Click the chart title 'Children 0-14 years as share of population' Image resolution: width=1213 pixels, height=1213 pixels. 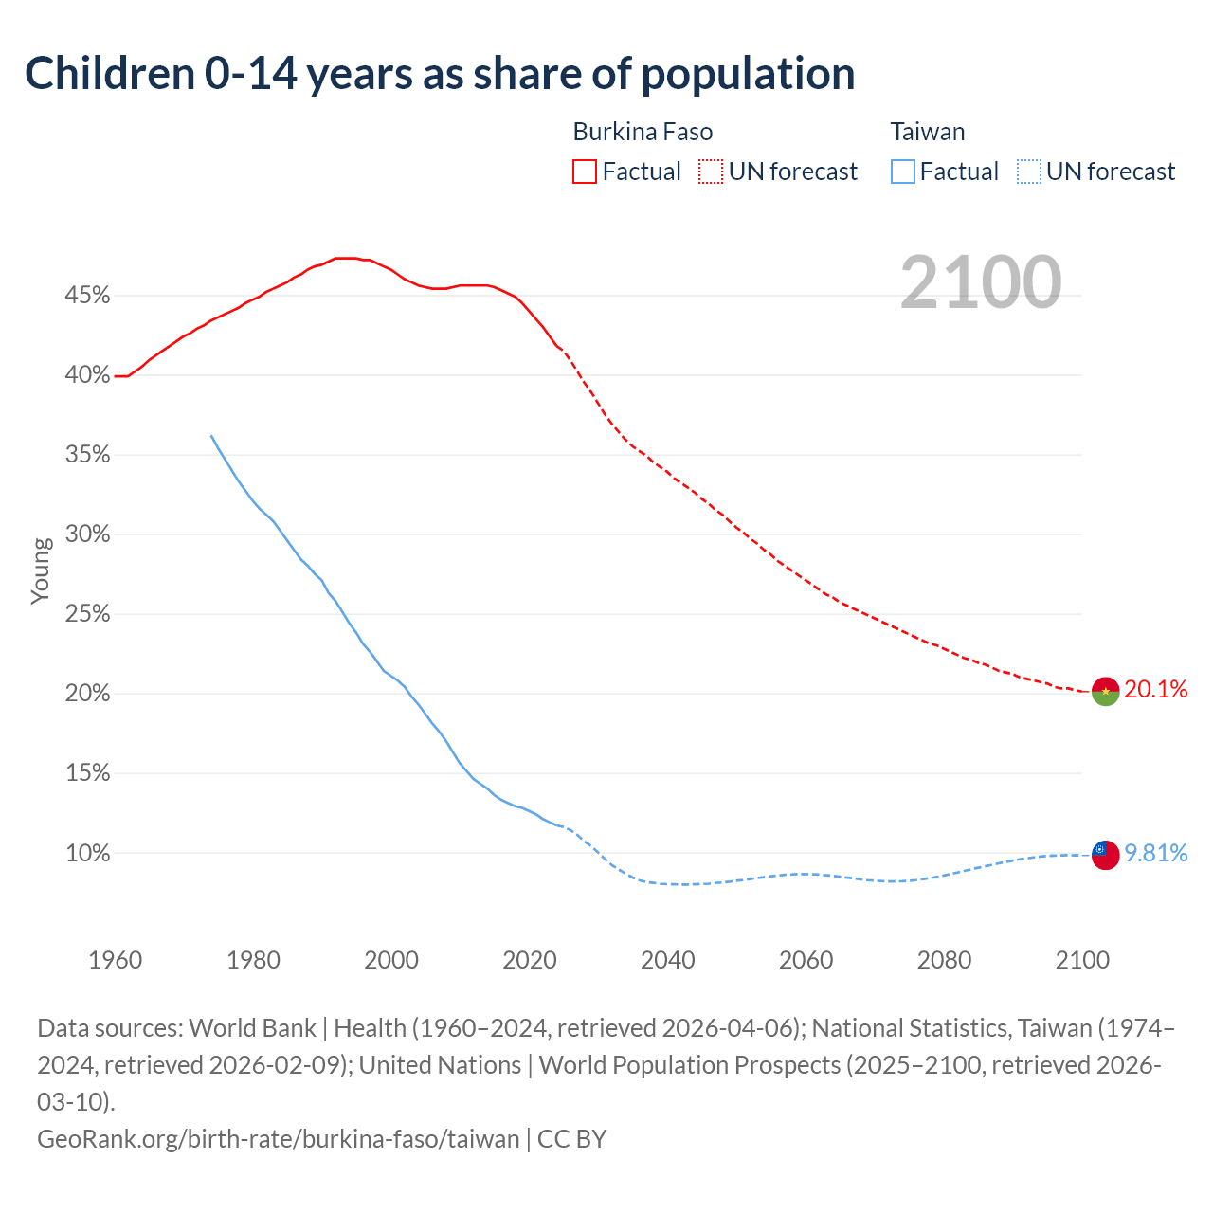pos(440,74)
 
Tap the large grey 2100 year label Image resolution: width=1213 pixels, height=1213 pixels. pos(980,282)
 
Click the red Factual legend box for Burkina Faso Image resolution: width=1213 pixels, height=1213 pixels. pos(585,172)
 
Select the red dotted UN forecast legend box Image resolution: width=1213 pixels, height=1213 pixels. pos(711,172)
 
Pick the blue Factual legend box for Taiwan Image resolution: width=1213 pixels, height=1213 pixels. pos(903,172)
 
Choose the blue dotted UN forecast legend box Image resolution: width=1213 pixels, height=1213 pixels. pos(1028,172)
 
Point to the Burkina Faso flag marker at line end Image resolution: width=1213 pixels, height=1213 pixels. pos(1106,692)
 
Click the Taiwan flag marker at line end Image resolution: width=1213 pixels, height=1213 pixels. pos(1106,854)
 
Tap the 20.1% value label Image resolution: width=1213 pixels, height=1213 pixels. pos(1156,689)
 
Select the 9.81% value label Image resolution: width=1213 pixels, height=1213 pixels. pos(1156,853)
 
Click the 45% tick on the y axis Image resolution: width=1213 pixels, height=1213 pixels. pos(87,296)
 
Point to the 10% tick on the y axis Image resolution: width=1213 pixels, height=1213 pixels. pos(87,854)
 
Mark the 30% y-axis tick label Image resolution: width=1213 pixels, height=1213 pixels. pos(87,534)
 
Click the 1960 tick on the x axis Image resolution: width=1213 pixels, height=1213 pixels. pos(116,960)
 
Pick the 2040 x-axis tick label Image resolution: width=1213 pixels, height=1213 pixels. pos(668,960)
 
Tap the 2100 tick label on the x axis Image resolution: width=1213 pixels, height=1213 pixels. pos(1082,960)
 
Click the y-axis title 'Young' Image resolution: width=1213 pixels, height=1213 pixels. pos(41,570)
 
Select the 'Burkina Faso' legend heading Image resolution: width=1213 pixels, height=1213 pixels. pos(643,132)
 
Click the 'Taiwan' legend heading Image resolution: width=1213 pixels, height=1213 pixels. pos(928,132)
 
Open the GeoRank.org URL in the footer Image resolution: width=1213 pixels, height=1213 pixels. pos(279,1138)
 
